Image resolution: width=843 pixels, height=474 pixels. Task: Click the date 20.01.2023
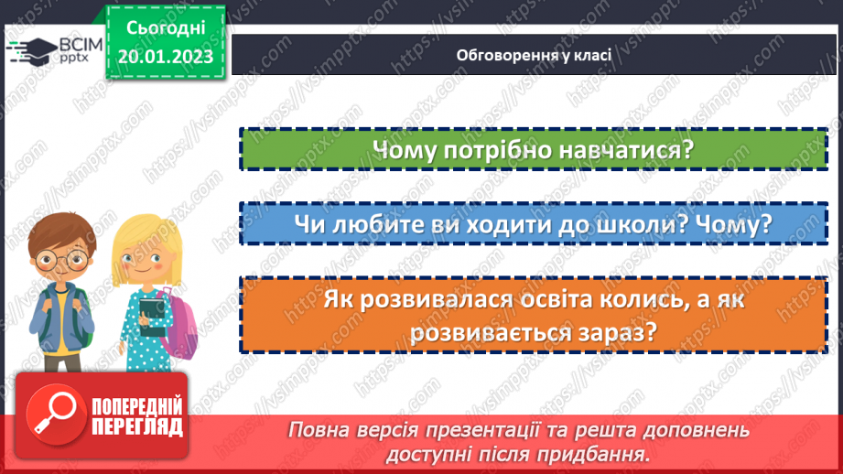[165, 57]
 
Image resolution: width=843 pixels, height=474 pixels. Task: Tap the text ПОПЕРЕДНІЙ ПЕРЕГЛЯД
[135, 416]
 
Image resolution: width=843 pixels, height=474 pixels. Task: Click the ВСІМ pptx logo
[53, 50]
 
